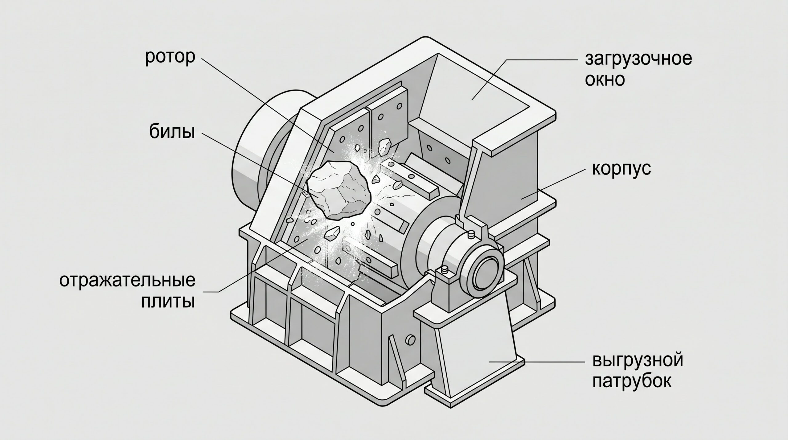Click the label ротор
[170, 58]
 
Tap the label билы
[172, 132]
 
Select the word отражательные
[127, 281]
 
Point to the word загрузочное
[638, 59]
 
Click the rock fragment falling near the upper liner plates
[384, 146]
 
